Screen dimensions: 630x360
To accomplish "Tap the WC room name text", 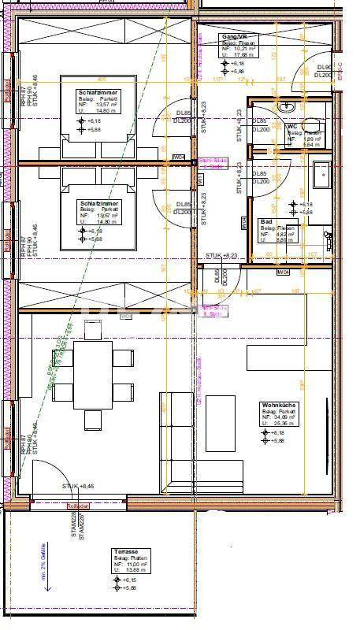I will pos(292,125).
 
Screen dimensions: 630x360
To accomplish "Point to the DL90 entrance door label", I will pos(324,71).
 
